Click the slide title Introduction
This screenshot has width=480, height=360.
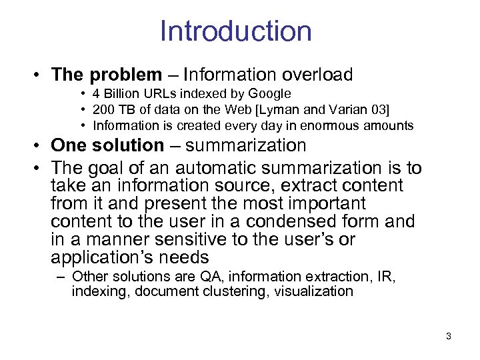235,31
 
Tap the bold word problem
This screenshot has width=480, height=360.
125,75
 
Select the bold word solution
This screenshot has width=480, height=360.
128,145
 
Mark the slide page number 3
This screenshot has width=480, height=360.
448,336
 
